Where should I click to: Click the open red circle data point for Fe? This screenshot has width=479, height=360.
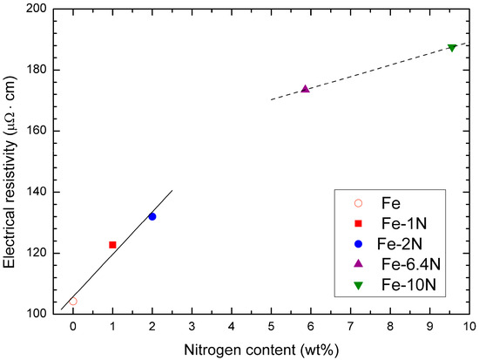point(73,302)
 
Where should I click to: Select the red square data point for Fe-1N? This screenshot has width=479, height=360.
point(112,245)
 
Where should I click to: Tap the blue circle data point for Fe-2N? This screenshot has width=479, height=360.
point(152,216)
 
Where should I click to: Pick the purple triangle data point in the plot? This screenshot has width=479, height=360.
point(305,89)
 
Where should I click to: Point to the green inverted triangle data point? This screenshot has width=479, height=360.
point(452,47)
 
